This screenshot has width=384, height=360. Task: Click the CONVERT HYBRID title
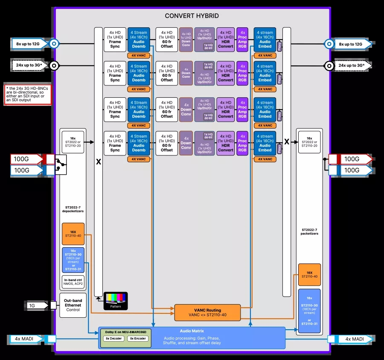192,16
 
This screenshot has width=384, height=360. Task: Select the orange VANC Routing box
207,313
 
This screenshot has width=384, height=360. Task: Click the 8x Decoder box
114,338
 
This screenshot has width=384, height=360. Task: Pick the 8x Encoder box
137,338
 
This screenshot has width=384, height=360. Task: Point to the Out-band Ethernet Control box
73,305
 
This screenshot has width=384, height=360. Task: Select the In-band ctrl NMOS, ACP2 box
73,282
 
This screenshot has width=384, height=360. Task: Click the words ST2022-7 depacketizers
73,210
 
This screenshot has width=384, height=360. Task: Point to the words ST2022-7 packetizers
309,231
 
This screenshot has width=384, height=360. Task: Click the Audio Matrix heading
192,331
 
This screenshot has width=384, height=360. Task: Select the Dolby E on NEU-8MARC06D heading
125,331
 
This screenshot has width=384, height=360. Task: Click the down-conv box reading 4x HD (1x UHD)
186,39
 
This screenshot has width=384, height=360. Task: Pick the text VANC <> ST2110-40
207,316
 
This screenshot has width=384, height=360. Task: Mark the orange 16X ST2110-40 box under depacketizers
73,233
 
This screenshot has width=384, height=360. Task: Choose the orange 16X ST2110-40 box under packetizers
309,274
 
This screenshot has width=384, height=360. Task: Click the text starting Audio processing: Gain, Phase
192,340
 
